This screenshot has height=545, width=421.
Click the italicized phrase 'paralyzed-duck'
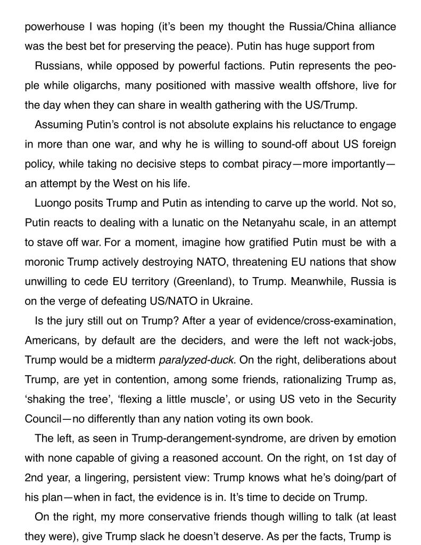[x=196, y=360]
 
